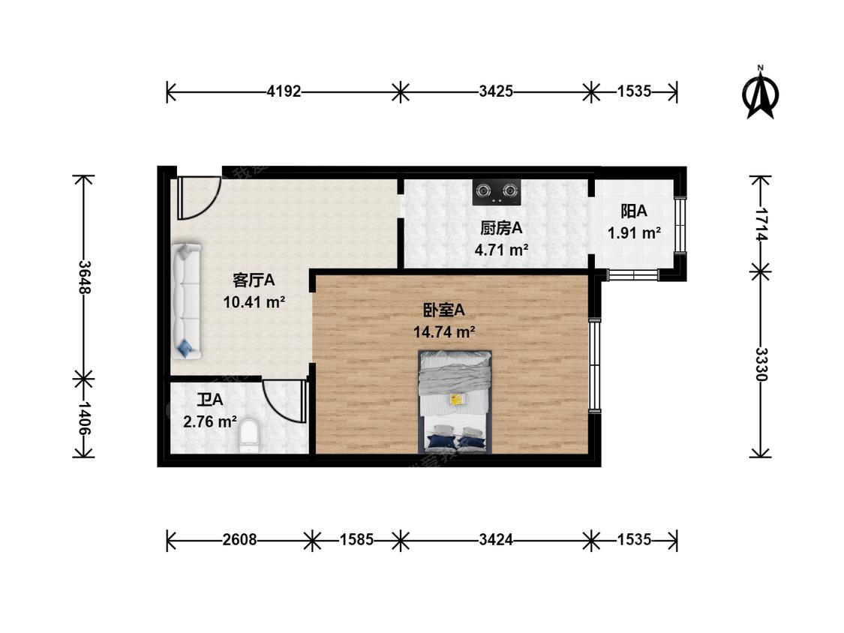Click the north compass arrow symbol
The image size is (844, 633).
tap(761, 93)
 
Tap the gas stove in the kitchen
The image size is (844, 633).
tap(497, 192)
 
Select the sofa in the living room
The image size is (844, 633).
tap(186, 299)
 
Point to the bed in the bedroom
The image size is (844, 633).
tap(455, 401)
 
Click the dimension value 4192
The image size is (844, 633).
tap(284, 92)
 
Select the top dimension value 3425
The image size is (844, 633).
tap(496, 92)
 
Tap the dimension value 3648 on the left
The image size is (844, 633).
tap(84, 277)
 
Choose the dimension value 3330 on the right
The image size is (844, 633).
tap(761, 364)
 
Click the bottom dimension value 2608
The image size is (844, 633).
tap(240, 539)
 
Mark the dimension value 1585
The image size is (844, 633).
tap(356, 539)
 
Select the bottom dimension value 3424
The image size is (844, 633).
tap(496, 539)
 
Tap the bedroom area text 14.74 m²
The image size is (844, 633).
tap(445, 332)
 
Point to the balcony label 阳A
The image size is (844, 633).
tap(634, 211)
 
